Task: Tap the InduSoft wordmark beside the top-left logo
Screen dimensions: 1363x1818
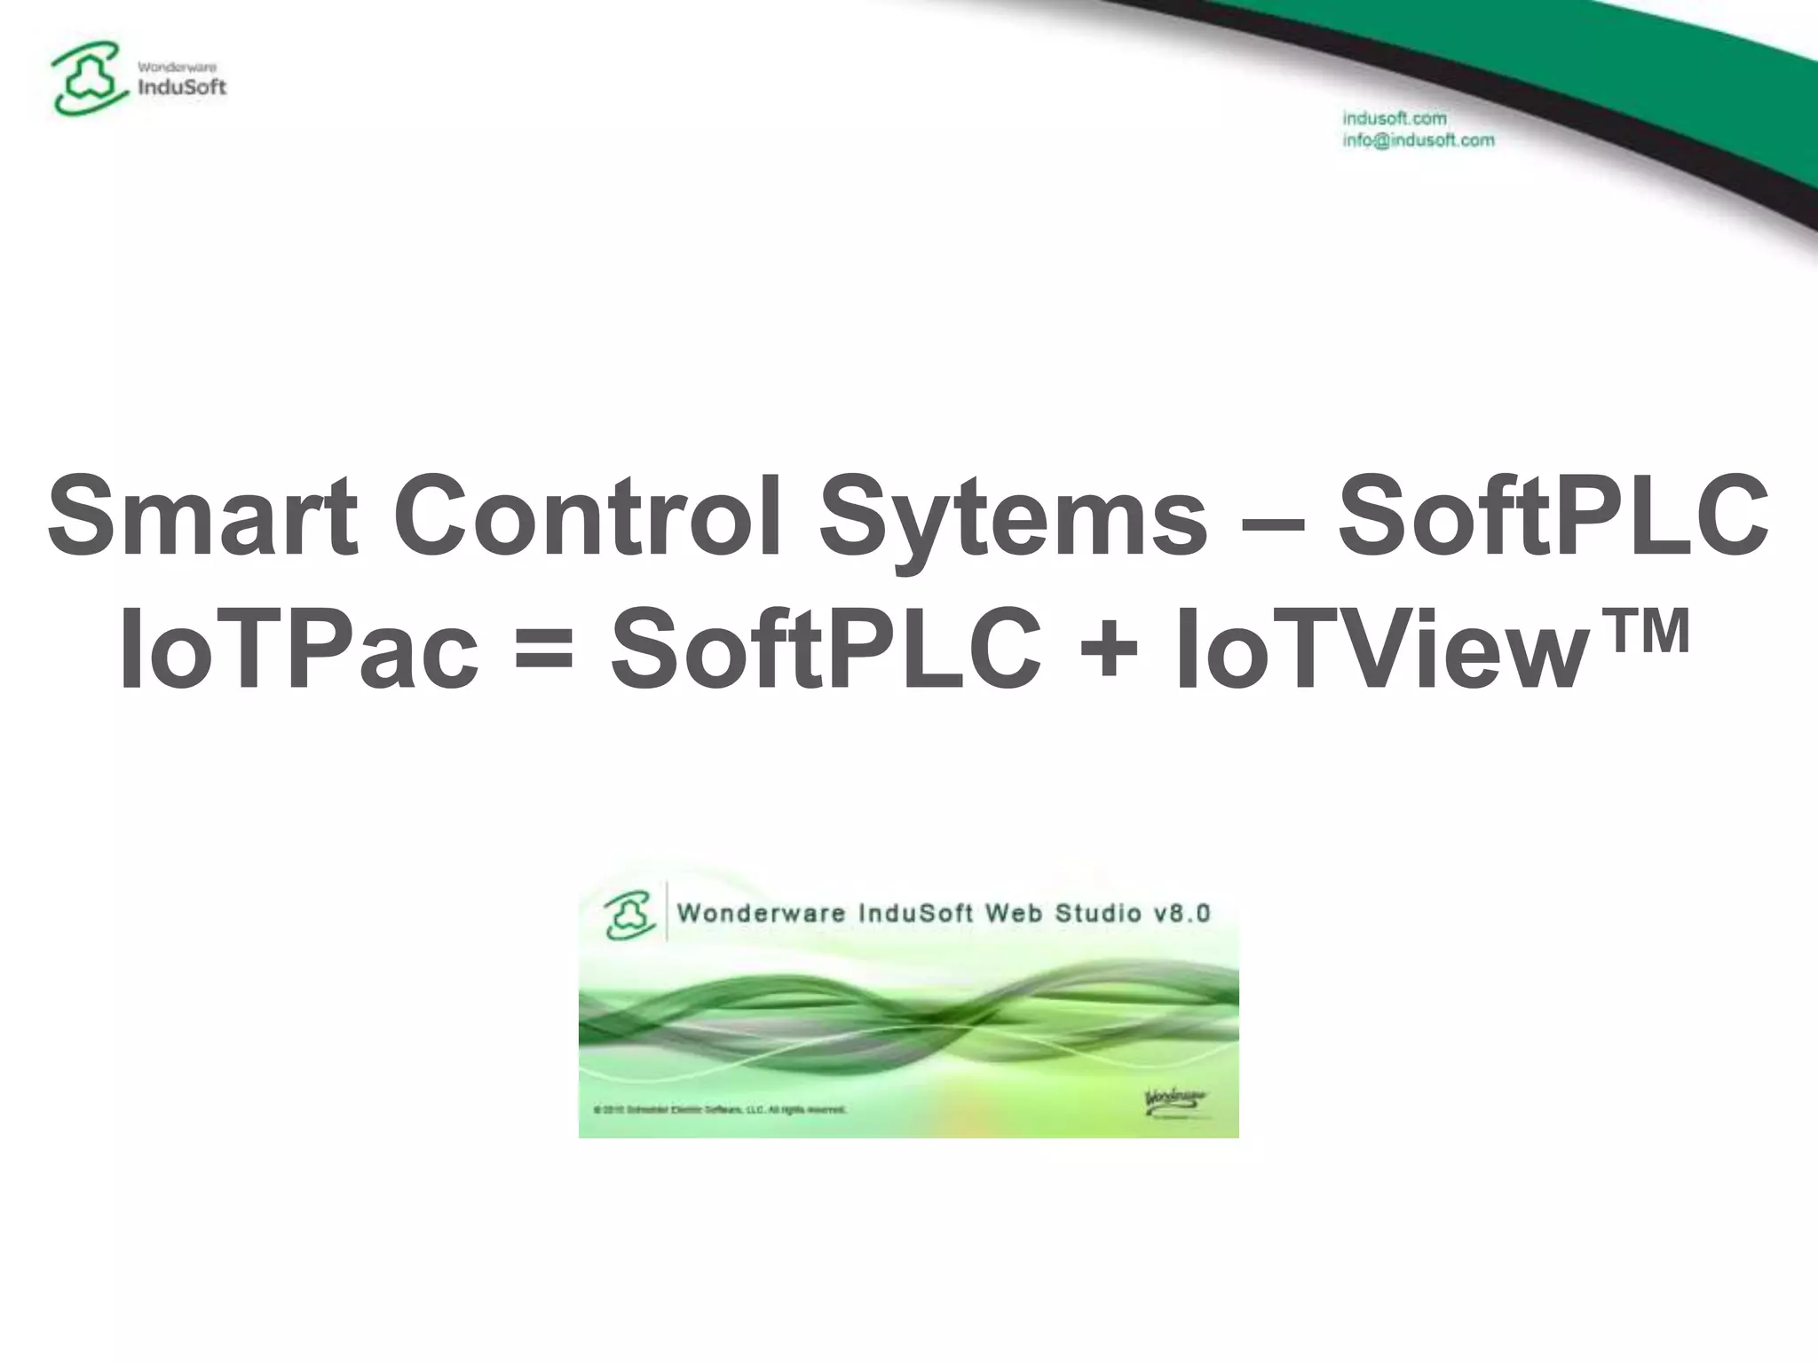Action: click(x=183, y=87)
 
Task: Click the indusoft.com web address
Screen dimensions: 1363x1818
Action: click(x=1395, y=118)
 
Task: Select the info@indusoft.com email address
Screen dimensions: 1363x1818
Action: click(x=1418, y=140)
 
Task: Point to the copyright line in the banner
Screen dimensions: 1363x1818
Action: click(x=720, y=1109)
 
